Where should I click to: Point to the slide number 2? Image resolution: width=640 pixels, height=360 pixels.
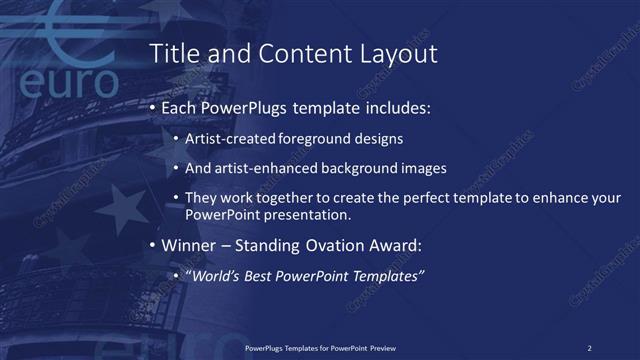[x=589, y=347]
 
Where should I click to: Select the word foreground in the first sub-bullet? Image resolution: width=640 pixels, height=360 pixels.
[x=294, y=140]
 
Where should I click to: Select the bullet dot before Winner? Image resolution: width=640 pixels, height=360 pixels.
[x=151, y=246]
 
